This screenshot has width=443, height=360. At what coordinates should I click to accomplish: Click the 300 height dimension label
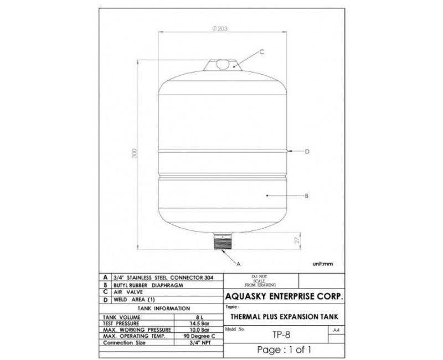click(135, 154)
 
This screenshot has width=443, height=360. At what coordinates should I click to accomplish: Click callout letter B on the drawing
click(306, 196)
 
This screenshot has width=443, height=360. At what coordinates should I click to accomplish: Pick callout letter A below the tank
click(238, 264)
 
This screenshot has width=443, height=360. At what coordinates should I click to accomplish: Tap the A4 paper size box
click(335, 330)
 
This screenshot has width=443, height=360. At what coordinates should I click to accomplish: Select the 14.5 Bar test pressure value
click(199, 323)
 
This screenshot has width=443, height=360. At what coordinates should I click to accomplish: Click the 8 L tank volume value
click(199, 317)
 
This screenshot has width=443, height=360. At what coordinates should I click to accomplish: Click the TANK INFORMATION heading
click(162, 308)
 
